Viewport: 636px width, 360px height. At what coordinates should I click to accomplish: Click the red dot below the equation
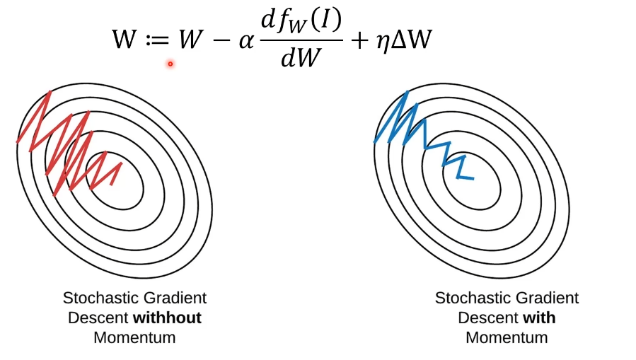170,64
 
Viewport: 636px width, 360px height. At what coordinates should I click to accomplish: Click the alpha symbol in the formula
245,41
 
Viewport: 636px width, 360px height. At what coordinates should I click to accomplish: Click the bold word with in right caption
539,318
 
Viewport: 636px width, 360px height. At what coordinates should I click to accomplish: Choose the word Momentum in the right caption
507,337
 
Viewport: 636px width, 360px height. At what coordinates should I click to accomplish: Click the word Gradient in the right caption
546,298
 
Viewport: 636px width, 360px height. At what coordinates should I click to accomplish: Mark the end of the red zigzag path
121,164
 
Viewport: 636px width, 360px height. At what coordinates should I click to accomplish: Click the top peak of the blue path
407,93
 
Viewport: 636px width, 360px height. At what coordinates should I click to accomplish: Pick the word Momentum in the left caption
134,337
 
